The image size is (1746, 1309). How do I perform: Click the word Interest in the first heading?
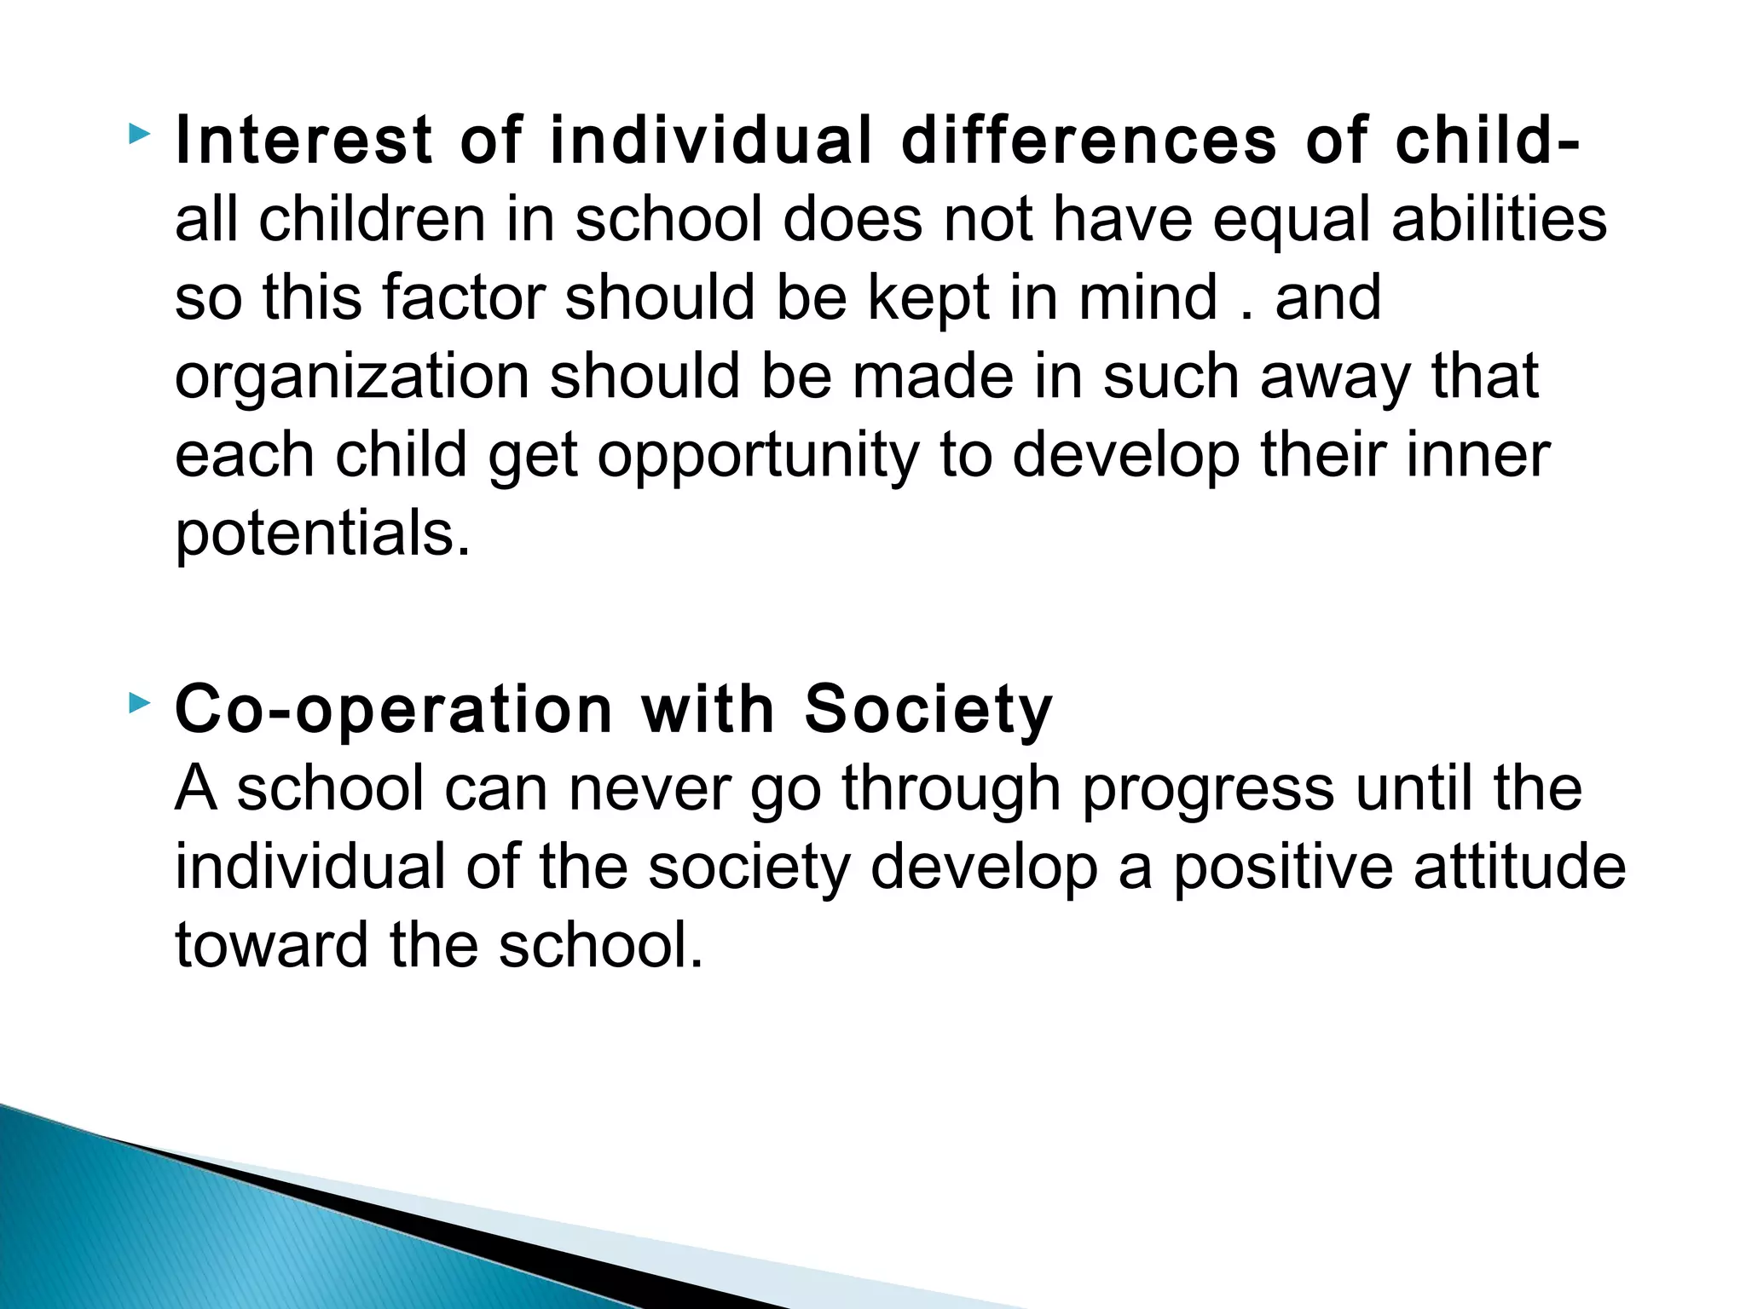[304, 141]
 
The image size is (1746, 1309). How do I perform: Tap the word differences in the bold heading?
[1089, 141]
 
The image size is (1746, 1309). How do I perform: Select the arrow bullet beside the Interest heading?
[140, 134]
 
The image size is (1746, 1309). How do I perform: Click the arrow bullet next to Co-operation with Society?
[140, 703]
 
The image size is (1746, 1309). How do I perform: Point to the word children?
[372, 219]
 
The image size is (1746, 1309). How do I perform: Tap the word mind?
[1148, 297]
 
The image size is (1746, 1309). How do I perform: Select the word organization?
[352, 378]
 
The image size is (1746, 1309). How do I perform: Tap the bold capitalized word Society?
[928, 710]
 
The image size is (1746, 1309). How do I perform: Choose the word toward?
[271, 945]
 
